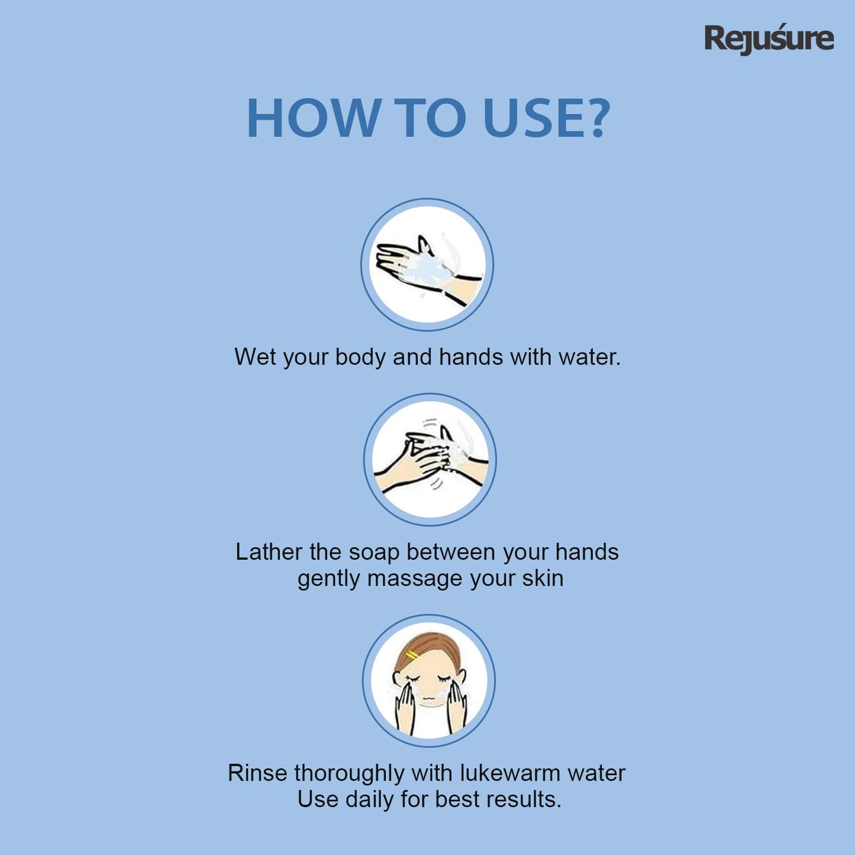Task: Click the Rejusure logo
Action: point(769,38)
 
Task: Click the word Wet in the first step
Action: point(255,357)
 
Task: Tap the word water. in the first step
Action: point(590,357)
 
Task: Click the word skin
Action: point(542,578)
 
